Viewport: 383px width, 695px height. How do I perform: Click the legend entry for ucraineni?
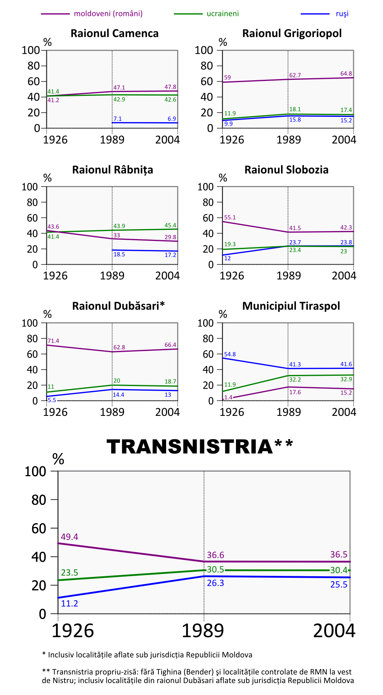pos(223,14)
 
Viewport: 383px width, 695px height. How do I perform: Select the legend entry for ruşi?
pos(342,14)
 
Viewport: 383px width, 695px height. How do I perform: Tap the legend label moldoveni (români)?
pos(108,14)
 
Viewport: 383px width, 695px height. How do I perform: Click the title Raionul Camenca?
pos(115,34)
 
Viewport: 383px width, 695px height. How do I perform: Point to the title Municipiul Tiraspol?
pos(291,306)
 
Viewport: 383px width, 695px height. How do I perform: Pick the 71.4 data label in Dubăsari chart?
pos(53,341)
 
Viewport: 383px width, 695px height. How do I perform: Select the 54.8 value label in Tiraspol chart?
pos(230,354)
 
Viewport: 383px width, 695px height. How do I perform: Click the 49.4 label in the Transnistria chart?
pos(69,537)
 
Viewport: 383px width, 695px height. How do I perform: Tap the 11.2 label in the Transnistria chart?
pos(69,603)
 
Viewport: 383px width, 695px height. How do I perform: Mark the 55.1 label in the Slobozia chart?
pos(230,218)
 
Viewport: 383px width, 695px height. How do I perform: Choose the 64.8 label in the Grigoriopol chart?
pos(346,74)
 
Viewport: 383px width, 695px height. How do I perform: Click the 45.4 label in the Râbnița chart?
pos(170,225)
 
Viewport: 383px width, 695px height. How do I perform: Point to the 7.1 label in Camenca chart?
pos(118,119)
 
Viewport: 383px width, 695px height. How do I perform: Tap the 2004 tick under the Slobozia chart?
pos(344,276)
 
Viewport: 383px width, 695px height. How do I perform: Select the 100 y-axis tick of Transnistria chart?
pos(35,472)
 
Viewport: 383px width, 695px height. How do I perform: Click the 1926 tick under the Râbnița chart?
pos(55,276)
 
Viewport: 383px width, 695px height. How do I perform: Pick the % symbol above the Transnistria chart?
pos(58,459)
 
